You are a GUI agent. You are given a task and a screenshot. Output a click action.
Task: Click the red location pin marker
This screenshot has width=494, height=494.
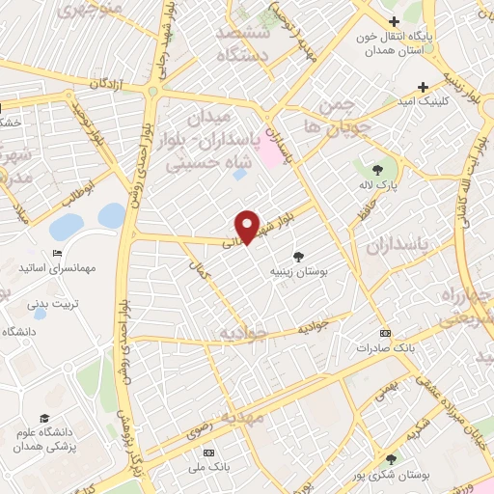248,227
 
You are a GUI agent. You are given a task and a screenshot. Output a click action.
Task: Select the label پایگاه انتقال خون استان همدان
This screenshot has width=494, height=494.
393,43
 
